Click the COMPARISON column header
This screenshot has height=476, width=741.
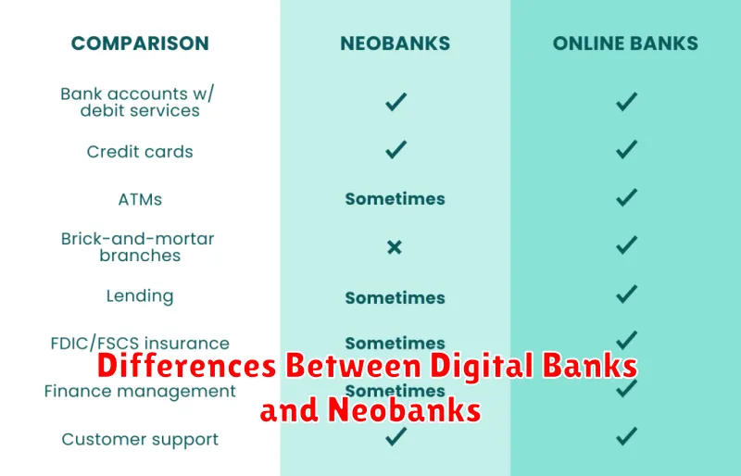(x=140, y=43)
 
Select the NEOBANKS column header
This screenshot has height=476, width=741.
(x=395, y=43)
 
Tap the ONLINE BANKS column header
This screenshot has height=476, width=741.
(x=625, y=43)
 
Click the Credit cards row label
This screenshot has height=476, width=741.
(x=140, y=151)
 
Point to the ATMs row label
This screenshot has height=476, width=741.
(x=140, y=198)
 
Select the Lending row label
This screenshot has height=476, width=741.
(x=140, y=296)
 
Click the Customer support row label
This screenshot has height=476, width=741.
(x=140, y=439)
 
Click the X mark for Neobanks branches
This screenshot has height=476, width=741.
(x=395, y=247)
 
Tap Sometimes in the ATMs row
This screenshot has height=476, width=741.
(x=395, y=198)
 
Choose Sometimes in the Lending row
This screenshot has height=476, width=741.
(x=395, y=297)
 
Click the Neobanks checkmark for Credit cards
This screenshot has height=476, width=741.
(x=396, y=149)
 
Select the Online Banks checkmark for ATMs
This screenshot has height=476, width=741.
(x=627, y=197)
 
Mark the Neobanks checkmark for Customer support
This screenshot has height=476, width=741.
(x=396, y=436)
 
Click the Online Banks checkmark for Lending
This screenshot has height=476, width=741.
(x=627, y=294)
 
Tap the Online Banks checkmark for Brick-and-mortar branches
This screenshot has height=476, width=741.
(x=627, y=245)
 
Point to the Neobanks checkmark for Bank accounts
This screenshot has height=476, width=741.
(x=396, y=102)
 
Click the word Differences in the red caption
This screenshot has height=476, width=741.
(x=185, y=367)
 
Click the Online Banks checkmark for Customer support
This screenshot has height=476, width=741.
(x=627, y=436)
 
